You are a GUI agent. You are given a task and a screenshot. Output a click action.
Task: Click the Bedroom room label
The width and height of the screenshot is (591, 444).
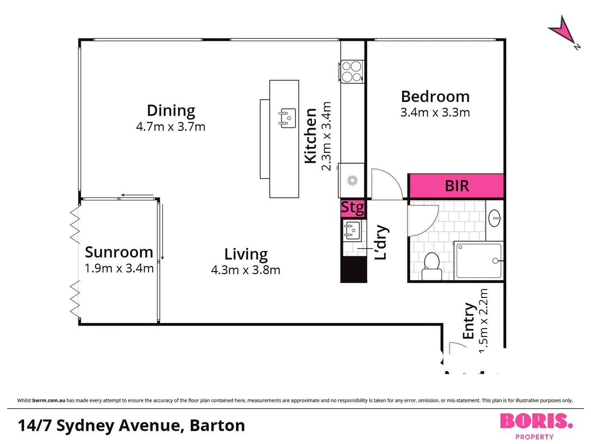435,97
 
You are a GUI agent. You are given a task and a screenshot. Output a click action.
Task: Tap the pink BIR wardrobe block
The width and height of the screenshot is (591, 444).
456,186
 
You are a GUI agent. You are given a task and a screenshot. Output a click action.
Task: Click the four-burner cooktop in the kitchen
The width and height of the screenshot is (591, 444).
352,72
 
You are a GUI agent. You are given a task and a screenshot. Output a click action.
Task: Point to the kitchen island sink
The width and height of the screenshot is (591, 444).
288,118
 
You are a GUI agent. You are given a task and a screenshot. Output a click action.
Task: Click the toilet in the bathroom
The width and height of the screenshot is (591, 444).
431,266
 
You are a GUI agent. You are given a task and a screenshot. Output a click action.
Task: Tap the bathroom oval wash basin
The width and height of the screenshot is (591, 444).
494,218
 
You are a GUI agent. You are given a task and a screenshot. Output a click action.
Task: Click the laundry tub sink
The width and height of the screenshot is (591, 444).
352,230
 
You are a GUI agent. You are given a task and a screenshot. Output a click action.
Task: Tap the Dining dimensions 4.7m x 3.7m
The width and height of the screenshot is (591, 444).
170,127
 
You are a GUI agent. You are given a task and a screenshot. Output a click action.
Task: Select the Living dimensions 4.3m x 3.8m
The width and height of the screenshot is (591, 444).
246,270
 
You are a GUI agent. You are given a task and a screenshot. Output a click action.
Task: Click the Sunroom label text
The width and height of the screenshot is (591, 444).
119,252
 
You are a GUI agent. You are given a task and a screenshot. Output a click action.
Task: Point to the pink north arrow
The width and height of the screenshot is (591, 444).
563,30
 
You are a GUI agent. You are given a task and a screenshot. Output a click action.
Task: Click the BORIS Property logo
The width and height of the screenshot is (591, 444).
536,425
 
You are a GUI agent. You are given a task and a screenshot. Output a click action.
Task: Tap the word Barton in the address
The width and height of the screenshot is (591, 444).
217,425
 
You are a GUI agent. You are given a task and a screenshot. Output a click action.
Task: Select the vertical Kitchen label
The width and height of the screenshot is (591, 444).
310,136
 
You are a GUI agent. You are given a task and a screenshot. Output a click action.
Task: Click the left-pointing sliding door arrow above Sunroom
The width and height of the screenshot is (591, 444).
137,195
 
